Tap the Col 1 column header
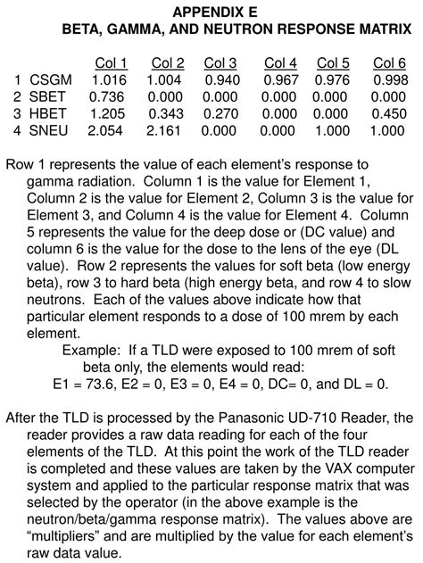point(112,62)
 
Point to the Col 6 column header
point(389,62)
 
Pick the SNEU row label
point(47,130)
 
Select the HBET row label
point(47,113)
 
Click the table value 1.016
point(108,79)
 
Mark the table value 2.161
point(165,130)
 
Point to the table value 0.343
point(166,113)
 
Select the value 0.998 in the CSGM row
point(391,79)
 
